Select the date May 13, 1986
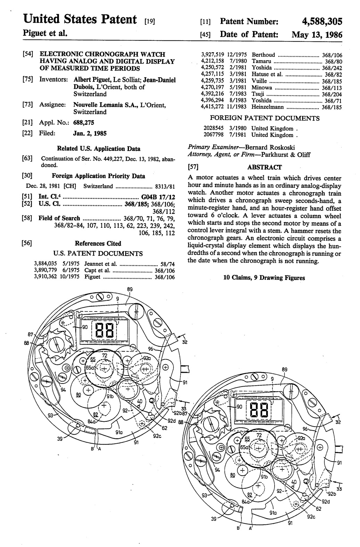pyautogui.click(x=317, y=35)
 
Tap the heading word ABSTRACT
pyautogui.click(x=265, y=167)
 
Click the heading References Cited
pyautogui.click(x=98, y=243)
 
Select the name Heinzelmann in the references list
pyautogui.click(x=267, y=107)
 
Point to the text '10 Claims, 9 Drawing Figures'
pyautogui.click(x=264, y=278)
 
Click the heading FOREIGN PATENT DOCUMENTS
pyautogui.click(x=265, y=118)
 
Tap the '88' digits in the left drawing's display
pyautogui.click(x=104, y=330)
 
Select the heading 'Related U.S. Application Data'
pyautogui.click(x=99, y=149)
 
